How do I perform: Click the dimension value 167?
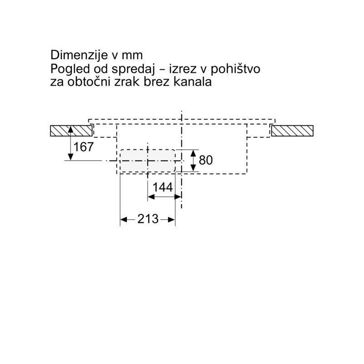[83, 147]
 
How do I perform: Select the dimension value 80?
[206, 160]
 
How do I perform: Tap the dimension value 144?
[163, 187]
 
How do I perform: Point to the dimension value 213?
[148, 219]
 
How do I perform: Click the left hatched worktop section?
[71, 131]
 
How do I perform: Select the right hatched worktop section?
[292, 131]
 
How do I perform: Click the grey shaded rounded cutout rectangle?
[147, 161]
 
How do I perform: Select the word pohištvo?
[235, 70]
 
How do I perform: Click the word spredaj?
[133, 70]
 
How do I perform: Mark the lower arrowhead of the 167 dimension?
[71, 157]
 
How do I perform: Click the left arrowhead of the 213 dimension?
[124, 219]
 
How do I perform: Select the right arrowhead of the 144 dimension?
[177, 197]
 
